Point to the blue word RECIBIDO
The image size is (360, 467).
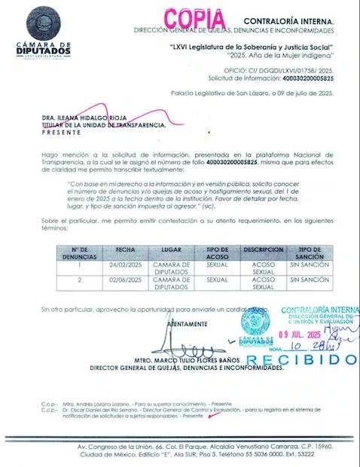(301, 359)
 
